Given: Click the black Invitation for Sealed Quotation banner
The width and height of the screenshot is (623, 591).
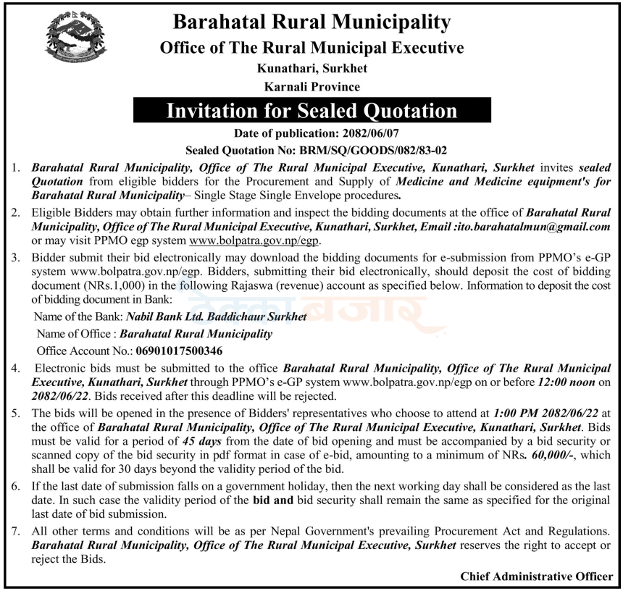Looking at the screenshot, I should [311, 111].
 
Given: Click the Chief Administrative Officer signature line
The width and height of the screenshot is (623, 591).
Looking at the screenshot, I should [536, 577].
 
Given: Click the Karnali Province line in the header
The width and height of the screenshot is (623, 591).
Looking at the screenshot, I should [311, 87].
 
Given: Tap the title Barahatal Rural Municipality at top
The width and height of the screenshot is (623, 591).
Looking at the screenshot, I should [311, 22].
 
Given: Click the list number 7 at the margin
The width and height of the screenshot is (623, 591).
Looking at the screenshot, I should [14, 532].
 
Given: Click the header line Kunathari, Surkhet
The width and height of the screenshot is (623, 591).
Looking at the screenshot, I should [311, 69].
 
